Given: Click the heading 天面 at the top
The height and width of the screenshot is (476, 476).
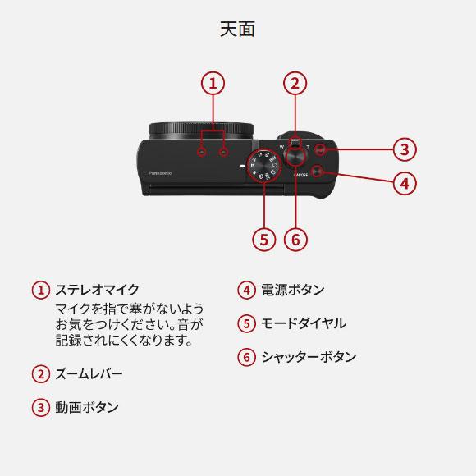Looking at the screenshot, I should click(x=237, y=30).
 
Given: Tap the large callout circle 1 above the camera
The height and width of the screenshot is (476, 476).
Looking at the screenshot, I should click(x=213, y=83).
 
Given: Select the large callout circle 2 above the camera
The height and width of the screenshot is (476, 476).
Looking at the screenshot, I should click(x=295, y=83).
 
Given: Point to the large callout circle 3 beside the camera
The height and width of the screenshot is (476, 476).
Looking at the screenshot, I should click(x=403, y=149).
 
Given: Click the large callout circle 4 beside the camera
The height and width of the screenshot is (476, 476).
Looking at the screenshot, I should click(x=403, y=182).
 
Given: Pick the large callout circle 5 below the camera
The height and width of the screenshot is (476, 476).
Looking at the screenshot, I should click(x=263, y=239).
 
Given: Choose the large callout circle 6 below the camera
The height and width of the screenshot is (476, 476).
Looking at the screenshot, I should click(x=295, y=239).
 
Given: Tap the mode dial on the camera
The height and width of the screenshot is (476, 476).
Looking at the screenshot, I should click(x=263, y=166).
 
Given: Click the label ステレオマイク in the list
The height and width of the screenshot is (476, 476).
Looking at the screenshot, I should click(x=97, y=290).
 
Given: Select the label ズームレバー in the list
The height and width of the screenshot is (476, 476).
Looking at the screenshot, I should click(x=89, y=374).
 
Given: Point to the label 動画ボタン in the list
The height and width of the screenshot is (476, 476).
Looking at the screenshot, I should click(x=86, y=407).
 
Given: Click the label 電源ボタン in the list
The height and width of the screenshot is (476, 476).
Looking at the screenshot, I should click(x=292, y=290).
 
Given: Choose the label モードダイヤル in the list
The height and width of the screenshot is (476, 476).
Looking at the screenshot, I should click(x=303, y=323).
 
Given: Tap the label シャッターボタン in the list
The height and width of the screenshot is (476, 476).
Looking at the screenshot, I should click(x=309, y=357).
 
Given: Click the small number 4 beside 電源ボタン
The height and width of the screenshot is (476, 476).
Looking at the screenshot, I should click(x=245, y=290).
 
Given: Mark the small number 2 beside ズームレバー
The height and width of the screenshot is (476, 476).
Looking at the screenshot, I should click(x=39, y=374).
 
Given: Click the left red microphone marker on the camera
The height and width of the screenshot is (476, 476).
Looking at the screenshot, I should click(x=201, y=152).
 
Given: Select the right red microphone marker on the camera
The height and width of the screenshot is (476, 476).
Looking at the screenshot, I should click(x=223, y=152).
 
